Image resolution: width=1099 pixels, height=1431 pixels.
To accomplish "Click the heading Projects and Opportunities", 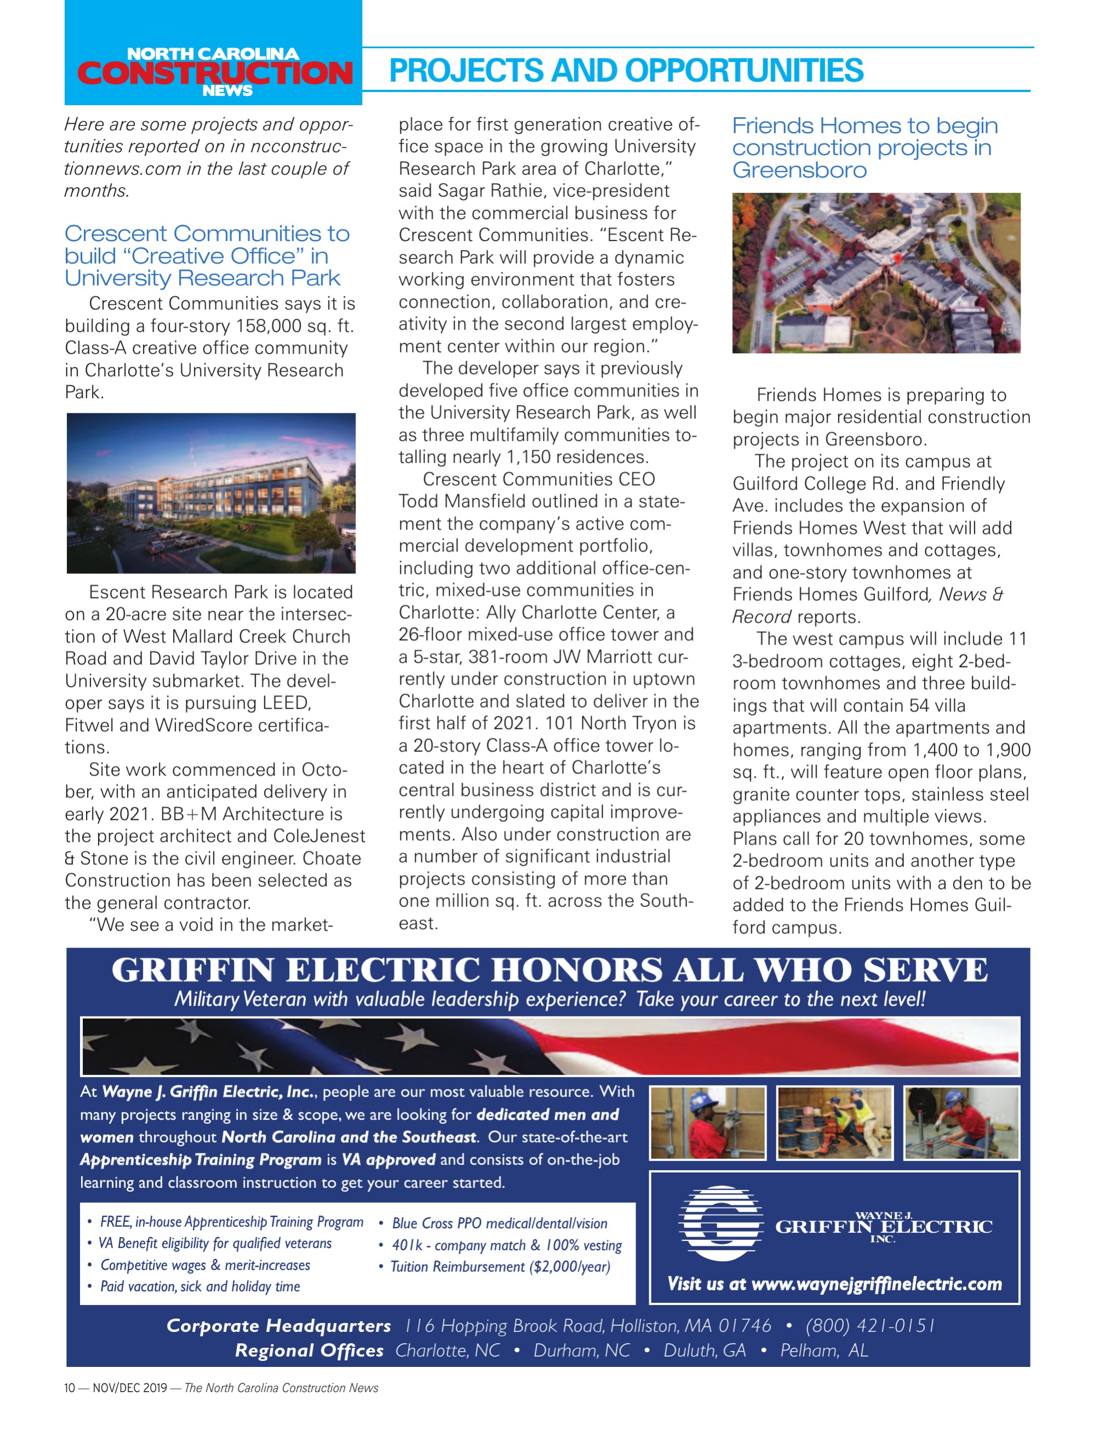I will click(626, 71).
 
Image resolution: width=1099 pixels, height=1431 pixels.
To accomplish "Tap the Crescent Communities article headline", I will click(207, 256).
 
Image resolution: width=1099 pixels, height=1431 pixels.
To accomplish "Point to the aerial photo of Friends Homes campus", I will click(876, 273).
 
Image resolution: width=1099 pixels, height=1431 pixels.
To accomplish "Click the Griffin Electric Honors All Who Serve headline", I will click(549, 969).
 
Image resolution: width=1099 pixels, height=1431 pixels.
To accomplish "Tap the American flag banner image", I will click(549, 1047).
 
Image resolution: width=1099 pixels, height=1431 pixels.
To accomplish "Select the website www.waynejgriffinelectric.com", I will click(877, 1283).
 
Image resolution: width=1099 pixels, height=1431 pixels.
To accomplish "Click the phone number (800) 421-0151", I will click(869, 1325).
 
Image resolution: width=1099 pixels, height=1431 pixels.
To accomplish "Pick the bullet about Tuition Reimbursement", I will click(500, 1267).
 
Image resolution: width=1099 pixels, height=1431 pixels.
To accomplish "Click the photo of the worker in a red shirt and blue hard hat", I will click(707, 1123).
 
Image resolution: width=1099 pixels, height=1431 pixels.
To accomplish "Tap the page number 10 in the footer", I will click(70, 1387).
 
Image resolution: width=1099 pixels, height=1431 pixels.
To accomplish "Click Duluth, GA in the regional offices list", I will click(705, 1350).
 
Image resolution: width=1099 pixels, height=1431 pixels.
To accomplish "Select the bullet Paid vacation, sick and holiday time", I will click(199, 1286).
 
